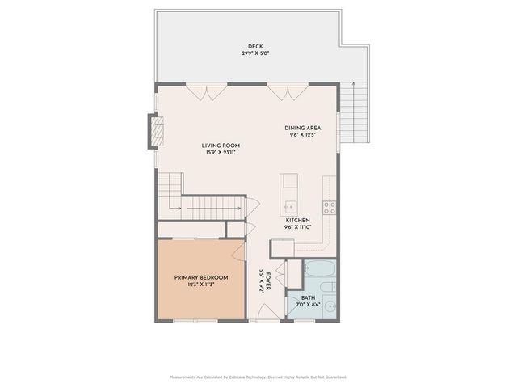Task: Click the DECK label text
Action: (255, 46)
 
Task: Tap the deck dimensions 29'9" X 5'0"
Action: (255, 53)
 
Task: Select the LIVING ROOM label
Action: (221, 145)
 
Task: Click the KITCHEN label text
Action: (297, 220)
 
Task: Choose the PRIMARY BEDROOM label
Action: (201, 277)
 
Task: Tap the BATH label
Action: (309, 297)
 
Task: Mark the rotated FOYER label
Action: (262, 280)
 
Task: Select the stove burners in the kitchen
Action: (330, 205)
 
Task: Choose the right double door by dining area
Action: (280, 92)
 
